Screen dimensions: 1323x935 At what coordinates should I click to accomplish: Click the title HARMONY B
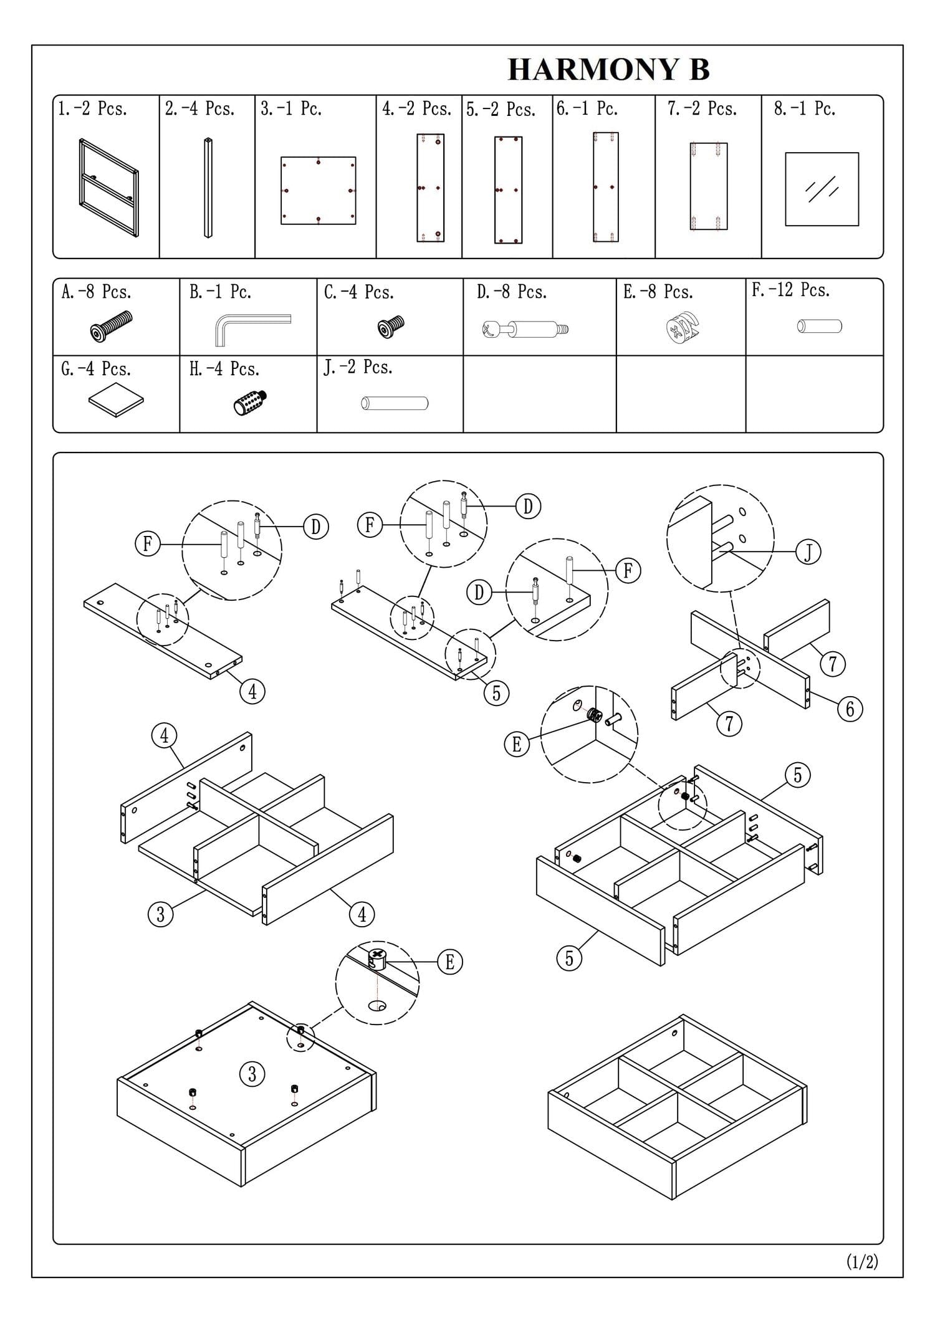click(x=608, y=69)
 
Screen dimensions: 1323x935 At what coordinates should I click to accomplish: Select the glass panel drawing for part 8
click(x=822, y=189)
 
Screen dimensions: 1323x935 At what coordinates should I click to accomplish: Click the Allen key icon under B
click(x=252, y=328)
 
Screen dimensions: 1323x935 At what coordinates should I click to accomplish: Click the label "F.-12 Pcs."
click(x=790, y=290)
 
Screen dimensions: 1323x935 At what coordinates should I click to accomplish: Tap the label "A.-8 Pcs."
click(x=96, y=292)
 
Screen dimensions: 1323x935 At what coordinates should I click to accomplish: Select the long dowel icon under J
click(x=394, y=403)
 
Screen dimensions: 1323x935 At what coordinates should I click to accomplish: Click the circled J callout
click(x=808, y=552)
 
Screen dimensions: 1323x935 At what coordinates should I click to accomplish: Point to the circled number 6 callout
click(x=850, y=709)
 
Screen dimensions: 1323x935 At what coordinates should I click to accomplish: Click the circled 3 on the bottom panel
click(x=252, y=1074)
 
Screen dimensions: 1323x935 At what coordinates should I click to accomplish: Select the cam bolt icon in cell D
click(x=525, y=329)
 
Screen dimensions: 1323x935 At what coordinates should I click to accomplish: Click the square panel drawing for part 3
click(x=318, y=190)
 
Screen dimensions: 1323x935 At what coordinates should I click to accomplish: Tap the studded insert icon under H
click(x=250, y=402)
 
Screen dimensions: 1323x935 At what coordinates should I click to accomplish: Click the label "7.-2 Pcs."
click(x=702, y=109)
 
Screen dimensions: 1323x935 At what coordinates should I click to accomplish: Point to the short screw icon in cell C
click(x=391, y=326)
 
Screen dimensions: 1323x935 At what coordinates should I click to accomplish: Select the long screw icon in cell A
click(x=111, y=327)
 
